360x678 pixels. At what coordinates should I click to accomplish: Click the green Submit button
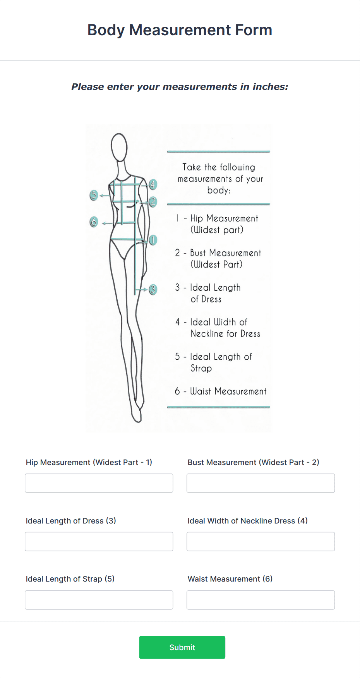point(182,647)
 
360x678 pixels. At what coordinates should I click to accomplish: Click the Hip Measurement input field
point(99,483)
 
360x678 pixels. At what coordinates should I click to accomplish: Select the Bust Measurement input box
point(261,483)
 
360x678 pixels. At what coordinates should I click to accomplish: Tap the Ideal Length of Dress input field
point(99,541)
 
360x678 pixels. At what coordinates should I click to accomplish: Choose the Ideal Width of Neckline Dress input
point(261,541)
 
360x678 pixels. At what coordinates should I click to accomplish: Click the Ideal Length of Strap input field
point(99,600)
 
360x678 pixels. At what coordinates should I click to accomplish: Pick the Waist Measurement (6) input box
point(261,600)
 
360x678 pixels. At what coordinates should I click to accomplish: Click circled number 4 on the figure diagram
point(153,185)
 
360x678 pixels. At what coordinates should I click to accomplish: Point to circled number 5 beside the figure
point(94,195)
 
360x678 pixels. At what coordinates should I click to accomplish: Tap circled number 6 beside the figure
point(94,222)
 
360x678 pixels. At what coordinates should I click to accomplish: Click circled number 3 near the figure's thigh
point(153,289)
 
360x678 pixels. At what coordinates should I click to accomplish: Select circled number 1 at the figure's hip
point(153,240)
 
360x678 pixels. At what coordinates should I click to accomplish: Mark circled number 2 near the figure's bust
point(153,201)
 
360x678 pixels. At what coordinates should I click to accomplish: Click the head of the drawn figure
point(119,147)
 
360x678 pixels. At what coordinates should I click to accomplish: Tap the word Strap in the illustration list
point(201,368)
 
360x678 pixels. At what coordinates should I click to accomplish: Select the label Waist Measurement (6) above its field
point(230,579)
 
